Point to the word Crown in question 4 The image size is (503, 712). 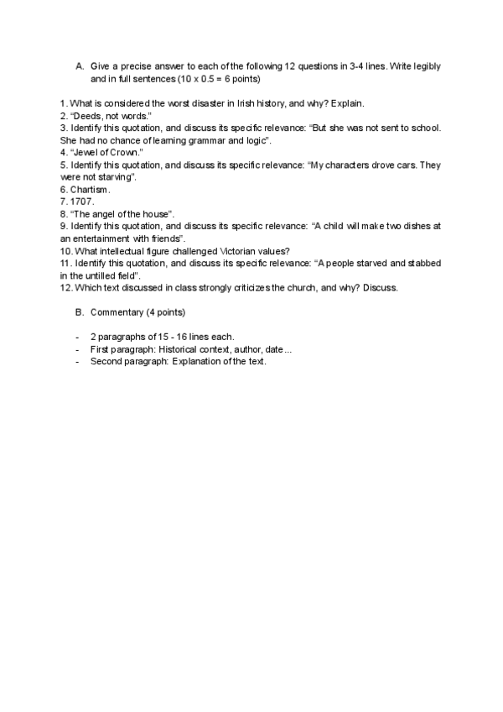click(x=126, y=153)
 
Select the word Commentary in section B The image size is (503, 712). click(x=117, y=312)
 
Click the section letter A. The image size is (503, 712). click(x=80, y=65)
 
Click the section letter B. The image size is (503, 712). click(x=80, y=312)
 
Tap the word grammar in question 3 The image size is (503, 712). click(x=209, y=140)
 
